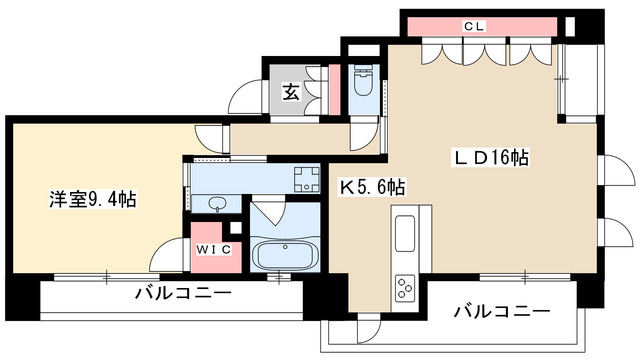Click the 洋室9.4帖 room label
(x=92, y=198)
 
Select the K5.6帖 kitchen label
(x=371, y=186)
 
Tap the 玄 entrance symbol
(x=291, y=93)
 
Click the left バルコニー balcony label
(x=184, y=294)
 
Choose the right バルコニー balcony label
(x=501, y=312)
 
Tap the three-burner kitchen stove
(x=406, y=288)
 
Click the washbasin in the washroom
(x=218, y=205)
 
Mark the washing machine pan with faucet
(x=305, y=180)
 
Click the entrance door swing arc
(x=244, y=96)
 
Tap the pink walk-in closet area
(x=213, y=255)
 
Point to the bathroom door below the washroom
(x=267, y=216)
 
